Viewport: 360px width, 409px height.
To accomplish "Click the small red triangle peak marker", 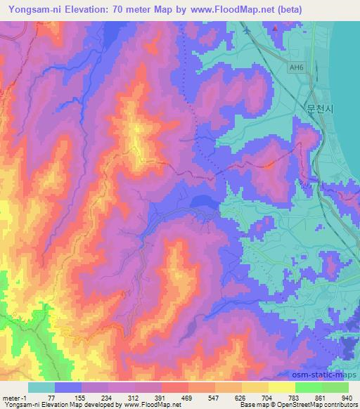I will pos(276,29).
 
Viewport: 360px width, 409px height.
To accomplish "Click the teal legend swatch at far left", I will pos(41,387).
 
